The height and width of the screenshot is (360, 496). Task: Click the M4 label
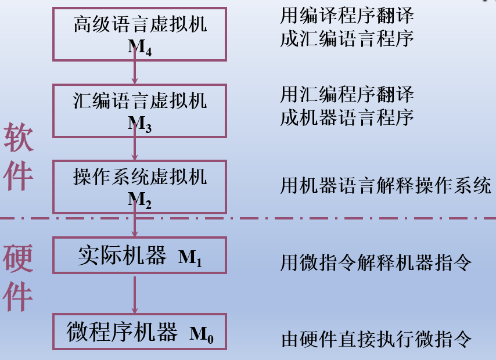[140, 48]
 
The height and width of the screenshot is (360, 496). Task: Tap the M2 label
[140, 200]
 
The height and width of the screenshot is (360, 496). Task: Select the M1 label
[190, 257]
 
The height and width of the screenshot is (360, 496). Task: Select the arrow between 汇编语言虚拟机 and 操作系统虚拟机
[135, 147]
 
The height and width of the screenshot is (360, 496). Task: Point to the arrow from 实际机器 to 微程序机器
[135, 294]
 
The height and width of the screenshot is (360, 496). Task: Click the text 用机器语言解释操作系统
[386, 186]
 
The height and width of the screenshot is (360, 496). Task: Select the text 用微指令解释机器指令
[376, 263]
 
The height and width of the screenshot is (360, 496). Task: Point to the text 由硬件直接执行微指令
[376, 339]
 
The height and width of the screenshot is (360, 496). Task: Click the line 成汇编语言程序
[347, 39]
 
